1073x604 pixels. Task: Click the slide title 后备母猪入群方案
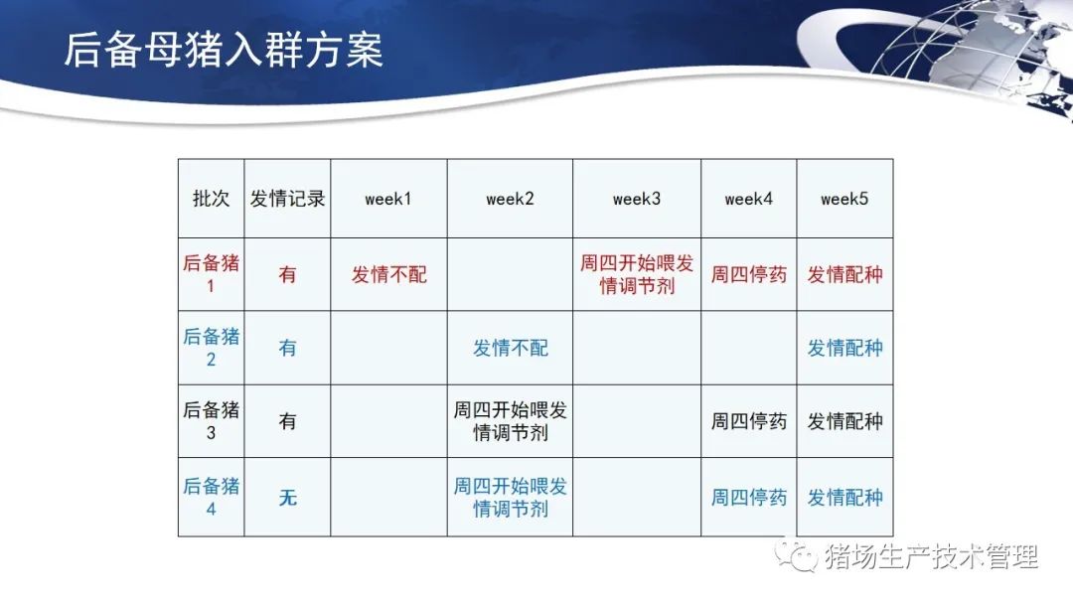point(224,50)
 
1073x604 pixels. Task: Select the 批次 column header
point(211,199)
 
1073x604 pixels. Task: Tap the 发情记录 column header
point(287,199)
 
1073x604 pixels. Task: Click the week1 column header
point(388,199)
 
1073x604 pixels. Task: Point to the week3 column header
point(637,199)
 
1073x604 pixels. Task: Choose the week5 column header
point(844,199)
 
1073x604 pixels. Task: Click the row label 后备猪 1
point(211,274)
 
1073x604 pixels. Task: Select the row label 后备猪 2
point(211,348)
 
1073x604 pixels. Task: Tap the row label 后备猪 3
point(211,420)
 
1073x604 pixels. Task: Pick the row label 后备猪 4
point(211,498)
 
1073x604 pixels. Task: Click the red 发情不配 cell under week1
point(388,275)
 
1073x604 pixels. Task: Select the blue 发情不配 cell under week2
point(511,348)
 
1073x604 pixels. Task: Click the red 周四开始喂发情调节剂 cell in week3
point(637,274)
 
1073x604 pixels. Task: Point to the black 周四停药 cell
point(749,421)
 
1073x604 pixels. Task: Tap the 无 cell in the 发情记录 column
point(287,498)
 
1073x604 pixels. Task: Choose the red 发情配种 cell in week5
point(845,275)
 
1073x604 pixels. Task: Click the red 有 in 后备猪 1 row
point(287,275)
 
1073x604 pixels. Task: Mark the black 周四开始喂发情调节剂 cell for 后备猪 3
point(511,421)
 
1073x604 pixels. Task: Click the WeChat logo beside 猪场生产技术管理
point(796,555)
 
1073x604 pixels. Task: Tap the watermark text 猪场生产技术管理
point(931,556)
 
